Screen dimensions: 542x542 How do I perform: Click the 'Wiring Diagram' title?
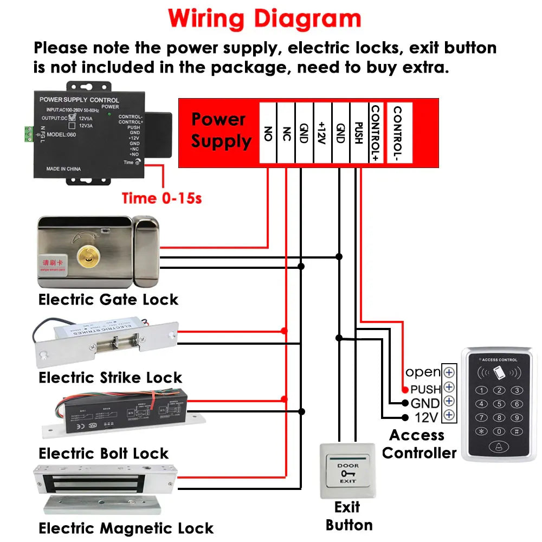[x=264, y=18]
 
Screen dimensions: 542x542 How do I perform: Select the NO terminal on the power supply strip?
[x=268, y=133]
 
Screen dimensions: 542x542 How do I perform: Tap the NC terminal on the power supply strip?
[x=286, y=133]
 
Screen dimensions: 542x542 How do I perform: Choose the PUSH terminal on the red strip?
[x=358, y=133]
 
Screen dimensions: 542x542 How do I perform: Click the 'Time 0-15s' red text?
[x=162, y=198]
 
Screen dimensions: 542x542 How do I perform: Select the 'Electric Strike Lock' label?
[x=110, y=377]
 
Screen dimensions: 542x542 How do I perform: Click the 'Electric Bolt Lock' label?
[x=104, y=453]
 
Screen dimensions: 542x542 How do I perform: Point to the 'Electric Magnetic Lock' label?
[x=126, y=528]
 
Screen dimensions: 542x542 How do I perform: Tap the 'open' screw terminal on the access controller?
[x=448, y=372]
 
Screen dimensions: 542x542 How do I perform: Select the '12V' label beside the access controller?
[x=425, y=417]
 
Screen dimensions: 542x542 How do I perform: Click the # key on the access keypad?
[x=517, y=431]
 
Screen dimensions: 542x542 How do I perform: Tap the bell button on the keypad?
[x=498, y=447]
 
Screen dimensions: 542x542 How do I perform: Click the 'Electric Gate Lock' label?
[x=108, y=299]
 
